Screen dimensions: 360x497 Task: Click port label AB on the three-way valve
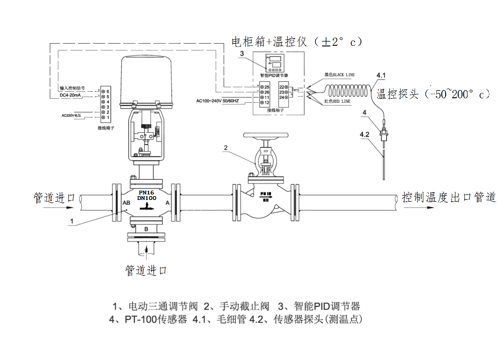click(x=126, y=202)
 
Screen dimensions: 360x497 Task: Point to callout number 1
click(x=72, y=221)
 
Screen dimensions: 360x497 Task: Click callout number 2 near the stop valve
click(x=226, y=147)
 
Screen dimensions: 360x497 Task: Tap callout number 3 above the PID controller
click(x=242, y=53)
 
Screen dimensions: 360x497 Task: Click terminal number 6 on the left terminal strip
click(x=108, y=90)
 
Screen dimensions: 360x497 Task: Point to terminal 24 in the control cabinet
click(x=283, y=97)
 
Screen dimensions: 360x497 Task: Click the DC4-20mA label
click(x=72, y=96)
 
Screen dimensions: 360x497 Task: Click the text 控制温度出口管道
click(x=448, y=197)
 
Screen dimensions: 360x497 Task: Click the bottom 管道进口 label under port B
click(x=145, y=270)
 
